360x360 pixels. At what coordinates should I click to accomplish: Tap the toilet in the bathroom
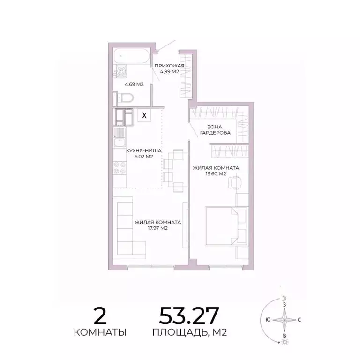click(x=125, y=97)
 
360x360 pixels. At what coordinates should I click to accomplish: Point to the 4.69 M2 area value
click(x=134, y=84)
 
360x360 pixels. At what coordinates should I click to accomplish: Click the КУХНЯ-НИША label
click(x=144, y=151)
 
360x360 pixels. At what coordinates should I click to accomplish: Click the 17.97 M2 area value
click(x=157, y=229)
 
